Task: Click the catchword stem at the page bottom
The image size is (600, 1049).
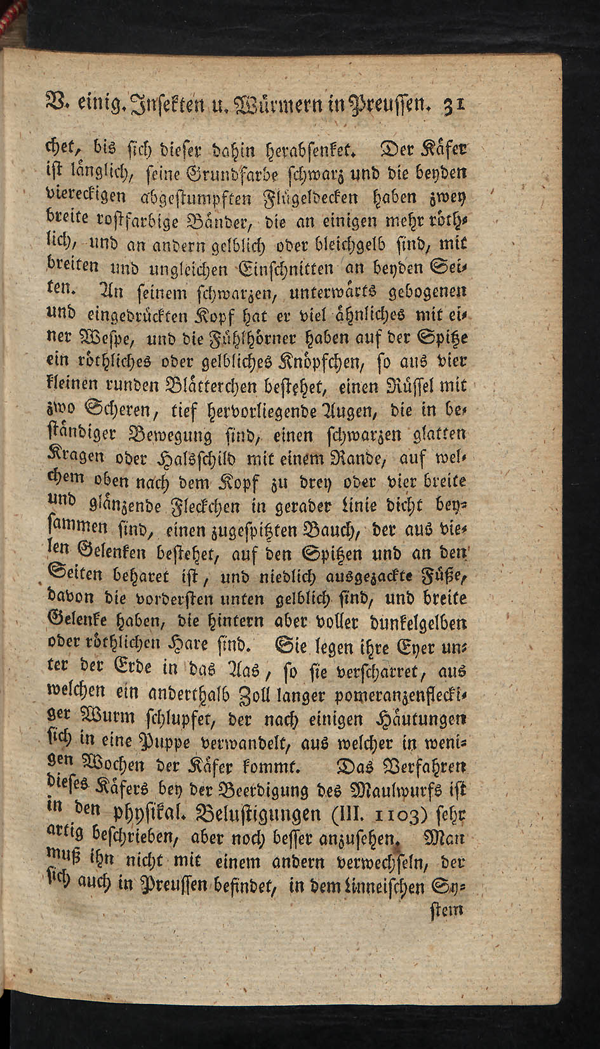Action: (448, 909)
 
